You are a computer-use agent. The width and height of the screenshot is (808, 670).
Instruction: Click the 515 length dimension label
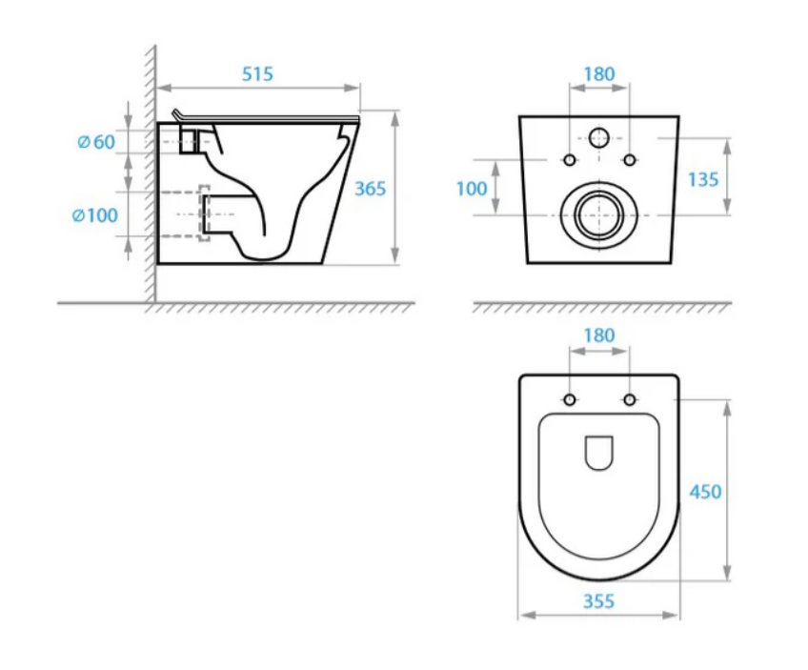[x=257, y=74]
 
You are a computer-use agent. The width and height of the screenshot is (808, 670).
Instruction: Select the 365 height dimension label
[x=370, y=189]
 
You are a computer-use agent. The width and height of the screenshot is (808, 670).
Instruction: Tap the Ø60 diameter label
[x=96, y=142]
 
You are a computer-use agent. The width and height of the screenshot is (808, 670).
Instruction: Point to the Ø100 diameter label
[x=95, y=215]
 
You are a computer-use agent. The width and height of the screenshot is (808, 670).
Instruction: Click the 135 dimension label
[x=703, y=179]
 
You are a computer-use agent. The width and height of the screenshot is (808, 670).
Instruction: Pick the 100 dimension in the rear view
[x=472, y=189]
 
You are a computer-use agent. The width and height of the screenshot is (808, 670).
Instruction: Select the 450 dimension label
[x=705, y=492]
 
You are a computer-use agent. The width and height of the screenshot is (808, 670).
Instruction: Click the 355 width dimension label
[x=598, y=601]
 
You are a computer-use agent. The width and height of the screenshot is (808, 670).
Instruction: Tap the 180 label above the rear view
[x=598, y=74]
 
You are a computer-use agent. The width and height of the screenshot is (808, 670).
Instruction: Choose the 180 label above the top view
[x=598, y=335]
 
